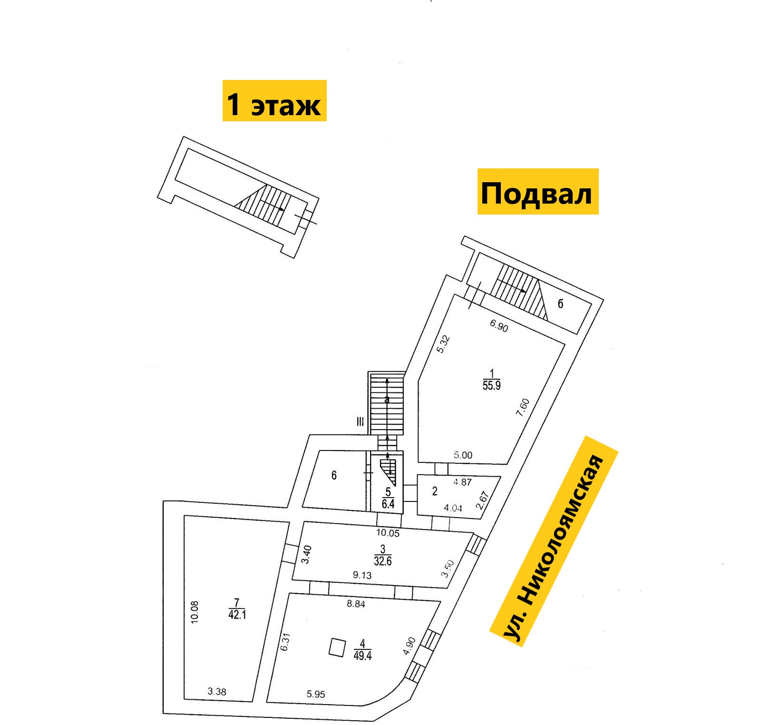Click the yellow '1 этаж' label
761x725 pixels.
tap(274, 101)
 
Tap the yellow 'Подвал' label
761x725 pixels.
tap(538, 192)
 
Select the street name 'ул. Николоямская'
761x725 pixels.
tap(554, 541)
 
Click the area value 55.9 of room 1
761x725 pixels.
tap(492, 385)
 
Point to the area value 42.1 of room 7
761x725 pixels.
tap(237, 615)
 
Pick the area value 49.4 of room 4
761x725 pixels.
tap(362, 656)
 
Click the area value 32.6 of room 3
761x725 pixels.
tap(383, 561)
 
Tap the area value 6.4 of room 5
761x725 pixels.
tap(388, 503)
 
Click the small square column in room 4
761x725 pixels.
tap(338, 647)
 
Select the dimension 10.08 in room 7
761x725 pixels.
tap(195, 612)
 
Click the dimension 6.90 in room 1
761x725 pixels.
tap(499, 325)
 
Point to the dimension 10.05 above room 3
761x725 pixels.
tap(388, 533)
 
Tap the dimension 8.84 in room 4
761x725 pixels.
tap(356, 604)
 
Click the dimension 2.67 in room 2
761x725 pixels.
tap(482, 500)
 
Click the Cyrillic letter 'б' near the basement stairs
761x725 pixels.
tap(560, 304)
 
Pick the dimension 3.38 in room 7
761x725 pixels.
tap(217, 692)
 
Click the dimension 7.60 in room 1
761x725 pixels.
tap(523, 408)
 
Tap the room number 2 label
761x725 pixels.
tap(435, 491)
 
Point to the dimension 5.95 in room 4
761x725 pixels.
tap(316, 695)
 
